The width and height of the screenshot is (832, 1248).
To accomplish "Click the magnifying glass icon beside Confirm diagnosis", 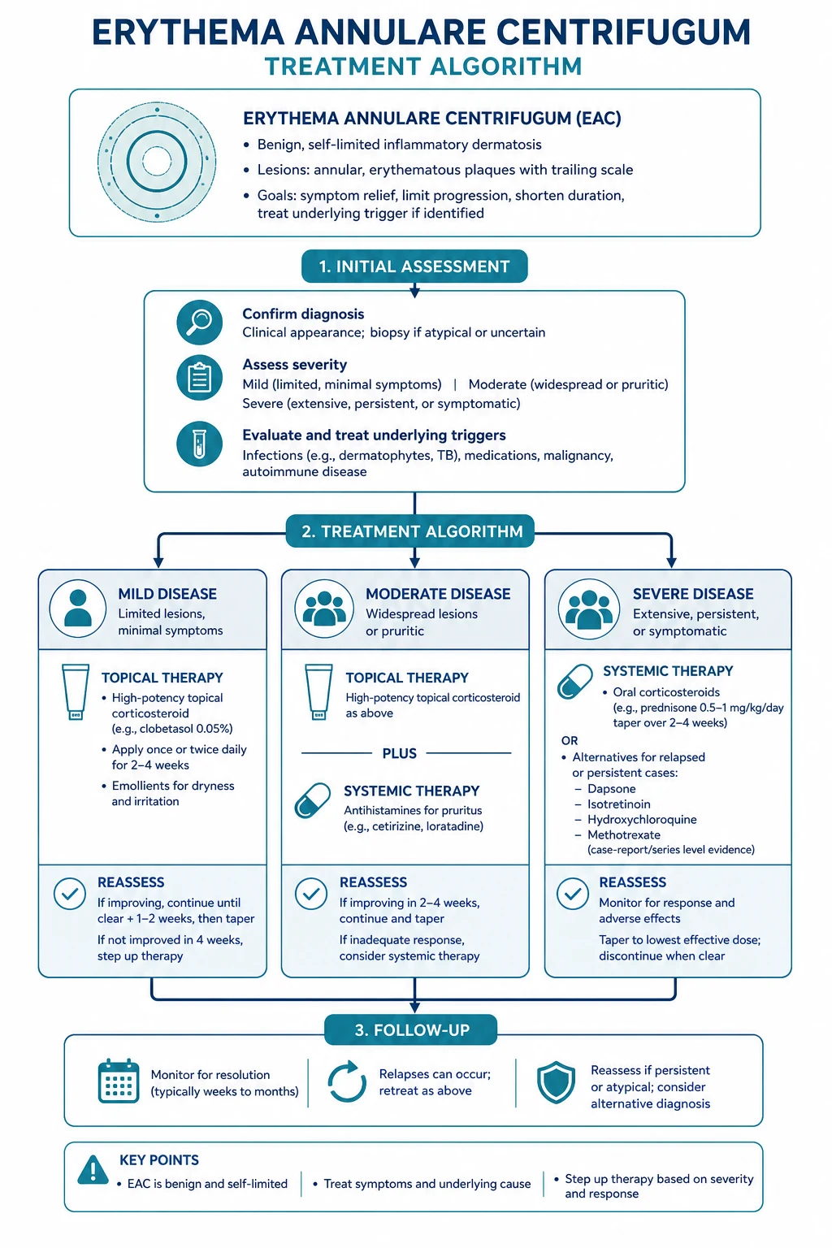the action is [200, 322].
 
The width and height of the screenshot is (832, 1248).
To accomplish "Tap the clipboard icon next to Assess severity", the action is [200, 378].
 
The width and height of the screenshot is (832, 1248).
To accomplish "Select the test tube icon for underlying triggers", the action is [200, 444].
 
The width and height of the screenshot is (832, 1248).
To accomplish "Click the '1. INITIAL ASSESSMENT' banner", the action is [414, 266].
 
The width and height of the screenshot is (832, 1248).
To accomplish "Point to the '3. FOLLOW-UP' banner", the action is [411, 1029].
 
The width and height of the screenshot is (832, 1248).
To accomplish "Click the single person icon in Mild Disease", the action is [78, 609].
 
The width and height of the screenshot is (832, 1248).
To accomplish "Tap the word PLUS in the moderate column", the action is [399, 753].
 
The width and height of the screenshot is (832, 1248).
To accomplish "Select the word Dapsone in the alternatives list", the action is [611, 788].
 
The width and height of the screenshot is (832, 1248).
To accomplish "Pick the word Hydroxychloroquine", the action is [642, 820].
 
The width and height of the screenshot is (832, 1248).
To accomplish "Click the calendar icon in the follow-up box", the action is [118, 1081].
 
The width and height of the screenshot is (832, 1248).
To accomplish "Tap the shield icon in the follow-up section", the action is [556, 1082].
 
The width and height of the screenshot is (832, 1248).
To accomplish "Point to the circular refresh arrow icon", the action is [347, 1081].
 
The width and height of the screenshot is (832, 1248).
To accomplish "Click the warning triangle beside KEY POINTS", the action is [93, 1169].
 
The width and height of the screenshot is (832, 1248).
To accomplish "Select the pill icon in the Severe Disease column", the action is [574, 682].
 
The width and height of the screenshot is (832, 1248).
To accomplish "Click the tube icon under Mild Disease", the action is [76, 692].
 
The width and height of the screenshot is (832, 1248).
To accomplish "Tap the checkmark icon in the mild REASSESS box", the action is [70, 894].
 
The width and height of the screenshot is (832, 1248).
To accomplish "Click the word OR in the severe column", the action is [570, 740].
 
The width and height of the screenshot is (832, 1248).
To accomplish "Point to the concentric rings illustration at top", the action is [157, 162].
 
